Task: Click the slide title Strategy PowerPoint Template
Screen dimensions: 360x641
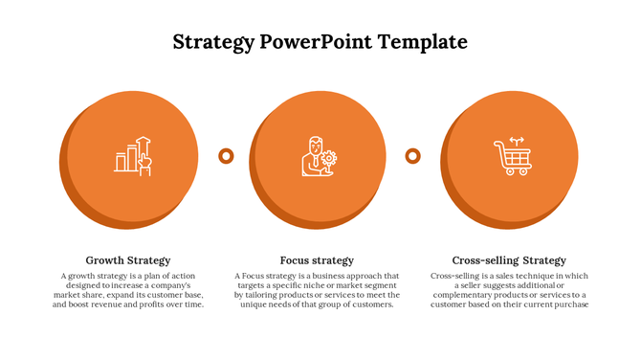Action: pyautogui.click(x=320, y=42)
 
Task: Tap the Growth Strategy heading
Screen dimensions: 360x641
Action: pyautogui.click(x=128, y=260)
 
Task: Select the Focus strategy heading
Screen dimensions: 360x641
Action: pyautogui.click(x=317, y=260)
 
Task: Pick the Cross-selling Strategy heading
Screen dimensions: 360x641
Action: pyautogui.click(x=509, y=260)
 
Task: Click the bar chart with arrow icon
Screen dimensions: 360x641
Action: pyautogui.click(x=133, y=154)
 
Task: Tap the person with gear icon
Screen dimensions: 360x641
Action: pyautogui.click(x=319, y=155)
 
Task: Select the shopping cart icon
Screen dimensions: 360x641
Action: pyautogui.click(x=512, y=156)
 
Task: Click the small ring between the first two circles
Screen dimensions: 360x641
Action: pyautogui.click(x=227, y=155)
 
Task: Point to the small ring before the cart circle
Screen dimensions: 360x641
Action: pyautogui.click(x=413, y=155)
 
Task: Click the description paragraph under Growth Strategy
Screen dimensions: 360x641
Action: pyautogui.click(x=128, y=290)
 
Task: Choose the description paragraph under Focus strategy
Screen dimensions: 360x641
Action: pyautogui.click(x=317, y=290)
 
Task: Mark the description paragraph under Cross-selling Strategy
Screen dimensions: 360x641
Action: pyautogui.click(x=509, y=290)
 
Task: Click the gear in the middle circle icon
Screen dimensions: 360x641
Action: pyautogui.click(x=330, y=158)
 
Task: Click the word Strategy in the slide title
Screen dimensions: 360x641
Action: pyautogui.click(x=211, y=42)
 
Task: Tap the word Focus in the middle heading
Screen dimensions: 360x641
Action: pyautogui.click(x=295, y=260)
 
